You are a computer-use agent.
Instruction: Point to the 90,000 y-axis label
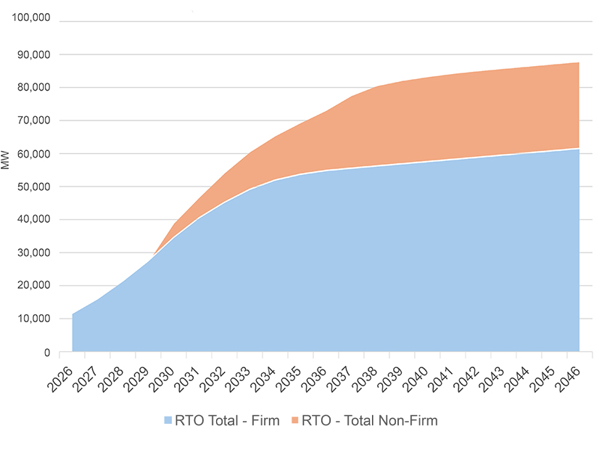32,54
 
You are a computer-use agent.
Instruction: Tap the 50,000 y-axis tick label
32,187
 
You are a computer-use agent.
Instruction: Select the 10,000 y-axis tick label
32,319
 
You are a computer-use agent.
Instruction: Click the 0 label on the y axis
46,352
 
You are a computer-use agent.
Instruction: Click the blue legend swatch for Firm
168,421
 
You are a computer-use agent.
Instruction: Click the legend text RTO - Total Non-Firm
369,421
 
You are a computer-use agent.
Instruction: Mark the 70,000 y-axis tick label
32,120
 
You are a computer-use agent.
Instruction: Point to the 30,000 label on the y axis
32,253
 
